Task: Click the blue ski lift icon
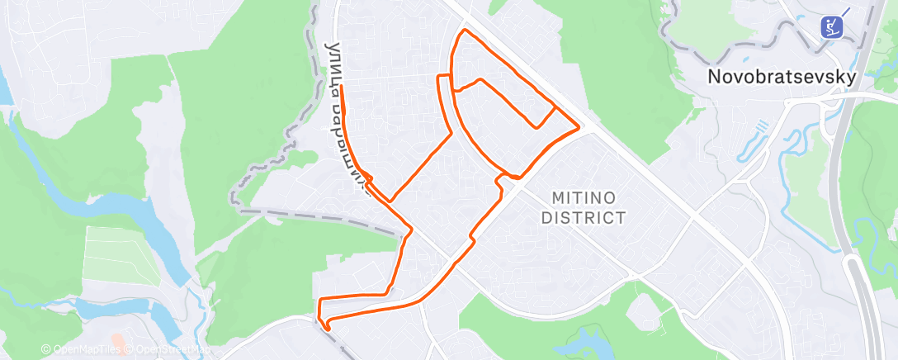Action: [x=833, y=26]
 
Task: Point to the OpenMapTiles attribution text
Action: [x=86, y=349]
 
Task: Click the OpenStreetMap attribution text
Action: [x=172, y=349]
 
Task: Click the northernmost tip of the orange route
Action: [x=466, y=31]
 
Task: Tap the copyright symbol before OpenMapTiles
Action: [x=45, y=349]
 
